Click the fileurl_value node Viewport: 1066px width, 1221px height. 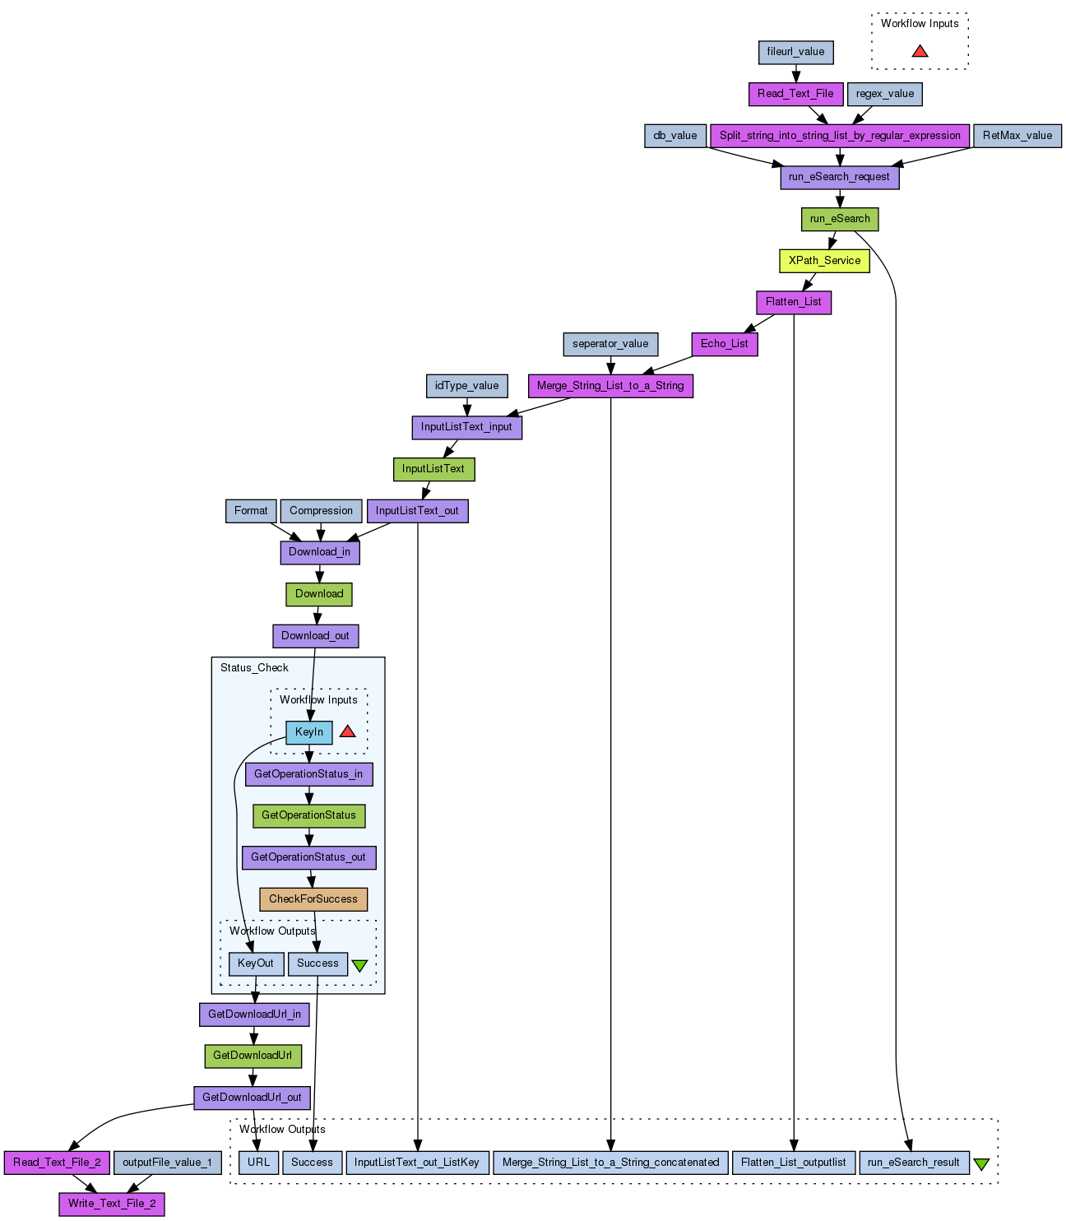(795, 52)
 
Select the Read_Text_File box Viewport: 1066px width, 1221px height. (795, 94)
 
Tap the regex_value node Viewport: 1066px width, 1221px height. (884, 94)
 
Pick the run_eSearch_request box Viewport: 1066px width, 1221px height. (839, 177)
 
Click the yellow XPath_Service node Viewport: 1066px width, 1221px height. (824, 261)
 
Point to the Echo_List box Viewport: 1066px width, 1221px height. (724, 344)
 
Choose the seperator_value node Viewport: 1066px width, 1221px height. (610, 344)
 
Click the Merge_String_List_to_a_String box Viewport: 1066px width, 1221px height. (610, 386)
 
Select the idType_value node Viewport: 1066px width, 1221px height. (466, 386)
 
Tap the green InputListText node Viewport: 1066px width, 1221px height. (433, 469)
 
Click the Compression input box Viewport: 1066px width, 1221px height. (321, 511)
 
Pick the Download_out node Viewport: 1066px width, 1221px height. (315, 636)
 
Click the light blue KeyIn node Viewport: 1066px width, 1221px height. (309, 732)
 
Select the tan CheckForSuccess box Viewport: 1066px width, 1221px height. (313, 899)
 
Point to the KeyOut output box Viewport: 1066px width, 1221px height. (256, 963)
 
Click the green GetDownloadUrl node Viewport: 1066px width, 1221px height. (253, 1056)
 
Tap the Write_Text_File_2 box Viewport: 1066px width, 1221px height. (112, 1204)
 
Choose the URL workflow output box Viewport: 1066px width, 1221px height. (258, 1163)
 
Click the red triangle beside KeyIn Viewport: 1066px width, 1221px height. (348, 731)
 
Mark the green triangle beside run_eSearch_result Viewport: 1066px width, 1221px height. (981, 1164)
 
